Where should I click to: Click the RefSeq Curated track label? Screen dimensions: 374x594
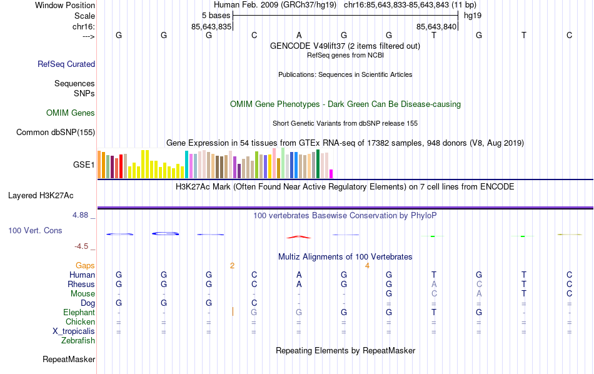(x=66, y=64)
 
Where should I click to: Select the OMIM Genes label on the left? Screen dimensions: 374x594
(x=71, y=113)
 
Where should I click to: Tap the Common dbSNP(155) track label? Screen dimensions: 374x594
(x=56, y=132)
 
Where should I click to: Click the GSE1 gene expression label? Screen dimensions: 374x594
(x=84, y=165)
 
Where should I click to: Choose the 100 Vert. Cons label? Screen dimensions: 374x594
(x=35, y=231)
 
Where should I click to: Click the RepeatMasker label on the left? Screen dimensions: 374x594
(x=69, y=360)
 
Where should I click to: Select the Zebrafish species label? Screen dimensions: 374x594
(x=78, y=341)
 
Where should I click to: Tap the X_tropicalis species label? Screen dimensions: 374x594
(x=72, y=331)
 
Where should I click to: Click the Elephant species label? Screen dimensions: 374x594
(x=79, y=313)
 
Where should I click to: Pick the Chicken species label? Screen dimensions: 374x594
(x=80, y=322)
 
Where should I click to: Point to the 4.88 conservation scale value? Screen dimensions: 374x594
(x=83, y=215)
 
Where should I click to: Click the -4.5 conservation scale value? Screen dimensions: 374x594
(x=85, y=246)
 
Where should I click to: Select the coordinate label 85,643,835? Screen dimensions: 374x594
(x=211, y=26)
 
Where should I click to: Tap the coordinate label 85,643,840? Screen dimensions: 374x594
(x=437, y=26)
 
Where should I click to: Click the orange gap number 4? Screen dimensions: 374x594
(x=368, y=266)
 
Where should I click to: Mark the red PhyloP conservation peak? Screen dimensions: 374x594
(x=299, y=236)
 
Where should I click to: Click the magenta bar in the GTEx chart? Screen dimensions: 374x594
(x=331, y=174)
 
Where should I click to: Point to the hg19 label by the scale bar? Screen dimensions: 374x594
(x=473, y=15)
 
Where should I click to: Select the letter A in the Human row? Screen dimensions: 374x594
(x=299, y=275)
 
